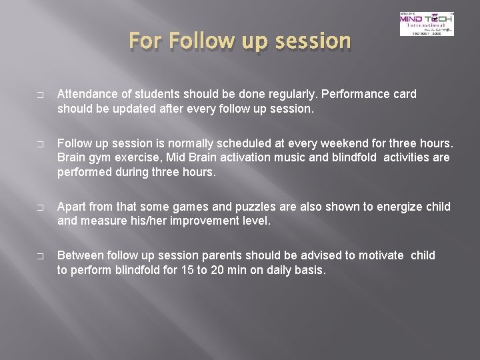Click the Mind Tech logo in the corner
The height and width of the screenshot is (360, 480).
pyautogui.click(x=426, y=24)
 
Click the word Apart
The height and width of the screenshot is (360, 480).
pyautogui.click(x=72, y=207)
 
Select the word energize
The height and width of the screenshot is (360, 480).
pyautogui.click(x=391, y=207)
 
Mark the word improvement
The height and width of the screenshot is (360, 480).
pyautogui.click(x=206, y=221)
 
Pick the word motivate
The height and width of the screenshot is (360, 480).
pyautogui.click(x=381, y=255)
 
